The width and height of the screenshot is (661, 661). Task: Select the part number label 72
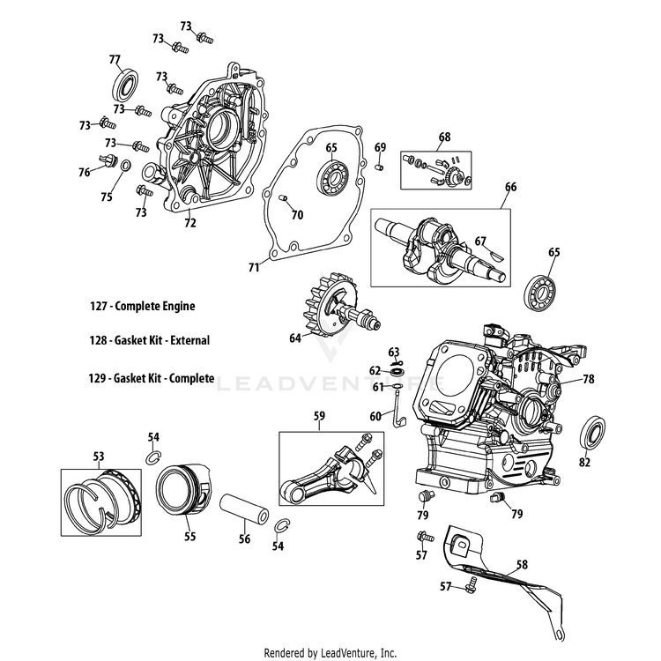[x=190, y=222]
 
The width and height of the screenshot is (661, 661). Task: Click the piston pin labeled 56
[x=244, y=509]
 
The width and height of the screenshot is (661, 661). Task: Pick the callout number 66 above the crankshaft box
[x=510, y=187]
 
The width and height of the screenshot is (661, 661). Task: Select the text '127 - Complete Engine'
[x=142, y=306]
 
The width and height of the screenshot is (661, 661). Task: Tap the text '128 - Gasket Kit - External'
[x=149, y=340]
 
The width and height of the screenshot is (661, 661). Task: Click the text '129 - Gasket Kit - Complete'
[x=151, y=378]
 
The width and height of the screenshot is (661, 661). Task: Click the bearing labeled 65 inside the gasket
[x=331, y=177]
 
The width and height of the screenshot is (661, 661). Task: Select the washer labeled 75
[x=125, y=166]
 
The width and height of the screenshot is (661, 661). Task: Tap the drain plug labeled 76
[x=108, y=160]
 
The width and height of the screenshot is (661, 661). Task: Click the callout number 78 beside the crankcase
[x=589, y=379]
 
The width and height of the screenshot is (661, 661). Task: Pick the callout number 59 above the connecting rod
[x=320, y=416]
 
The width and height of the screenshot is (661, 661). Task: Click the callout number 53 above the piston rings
[x=98, y=457]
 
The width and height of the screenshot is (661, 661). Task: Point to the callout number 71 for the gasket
[x=253, y=267]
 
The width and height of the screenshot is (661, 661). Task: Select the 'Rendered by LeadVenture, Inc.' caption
[x=330, y=653]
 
